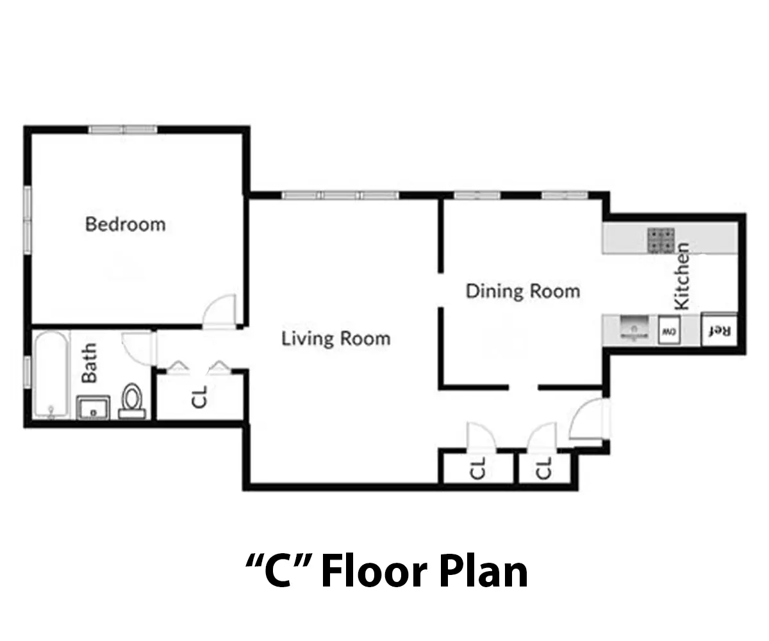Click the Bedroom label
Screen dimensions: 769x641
click(126, 224)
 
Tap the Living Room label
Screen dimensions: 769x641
click(336, 339)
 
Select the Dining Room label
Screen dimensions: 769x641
click(523, 292)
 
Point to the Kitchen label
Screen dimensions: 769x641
click(681, 276)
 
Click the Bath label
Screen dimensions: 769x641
click(89, 363)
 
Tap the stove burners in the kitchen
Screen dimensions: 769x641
click(661, 240)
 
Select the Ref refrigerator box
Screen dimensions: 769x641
click(719, 330)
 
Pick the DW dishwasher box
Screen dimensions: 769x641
click(669, 330)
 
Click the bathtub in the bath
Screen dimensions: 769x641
click(51, 375)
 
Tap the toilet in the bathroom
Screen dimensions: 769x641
click(132, 401)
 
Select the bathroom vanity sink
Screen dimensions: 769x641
click(93, 408)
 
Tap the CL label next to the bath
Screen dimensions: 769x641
click(199, 397)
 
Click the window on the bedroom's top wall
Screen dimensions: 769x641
click(122, 129)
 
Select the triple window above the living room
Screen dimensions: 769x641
click(340, 196)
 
